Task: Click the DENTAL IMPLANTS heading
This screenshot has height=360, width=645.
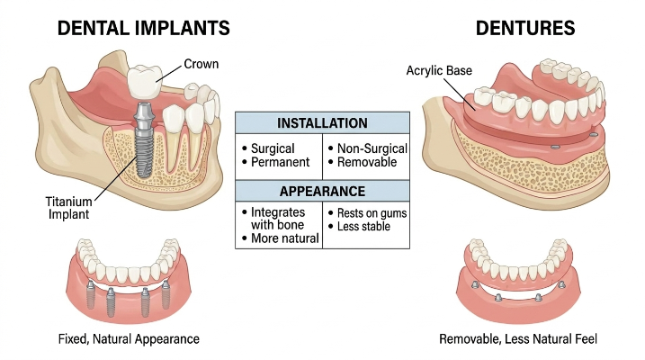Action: pos(143,29)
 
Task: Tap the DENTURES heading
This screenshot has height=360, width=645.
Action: pos(525,29)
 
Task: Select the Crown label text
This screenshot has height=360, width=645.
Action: pos(202,64)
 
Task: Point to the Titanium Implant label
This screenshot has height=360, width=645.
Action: pos(68,208)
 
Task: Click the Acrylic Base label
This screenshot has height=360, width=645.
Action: pos(439,71)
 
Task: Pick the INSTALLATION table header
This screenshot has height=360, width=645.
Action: pos(322,123)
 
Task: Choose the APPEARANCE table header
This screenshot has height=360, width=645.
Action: pos(322,192)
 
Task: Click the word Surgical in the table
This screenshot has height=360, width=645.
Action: pos(273,148)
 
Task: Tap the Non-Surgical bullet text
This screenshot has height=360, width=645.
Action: pos(372,148)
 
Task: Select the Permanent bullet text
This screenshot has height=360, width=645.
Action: pos(280,162)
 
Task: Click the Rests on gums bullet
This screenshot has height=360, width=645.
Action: pos(372,213)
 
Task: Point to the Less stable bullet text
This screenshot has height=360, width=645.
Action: pos(363,226)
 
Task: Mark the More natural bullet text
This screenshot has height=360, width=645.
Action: pos(285,238)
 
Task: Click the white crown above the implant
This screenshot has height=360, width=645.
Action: pos(145,82)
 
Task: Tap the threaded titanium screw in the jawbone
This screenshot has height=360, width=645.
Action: pos(145,139)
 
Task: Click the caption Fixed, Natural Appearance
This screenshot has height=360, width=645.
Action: pos(129,339)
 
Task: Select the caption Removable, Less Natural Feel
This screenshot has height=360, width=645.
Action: pos(518,339)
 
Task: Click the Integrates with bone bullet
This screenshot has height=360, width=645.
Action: pos(278,219)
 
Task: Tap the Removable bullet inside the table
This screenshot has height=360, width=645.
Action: pos(367,162)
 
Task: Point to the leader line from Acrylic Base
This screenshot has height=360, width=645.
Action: pos(460,94)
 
